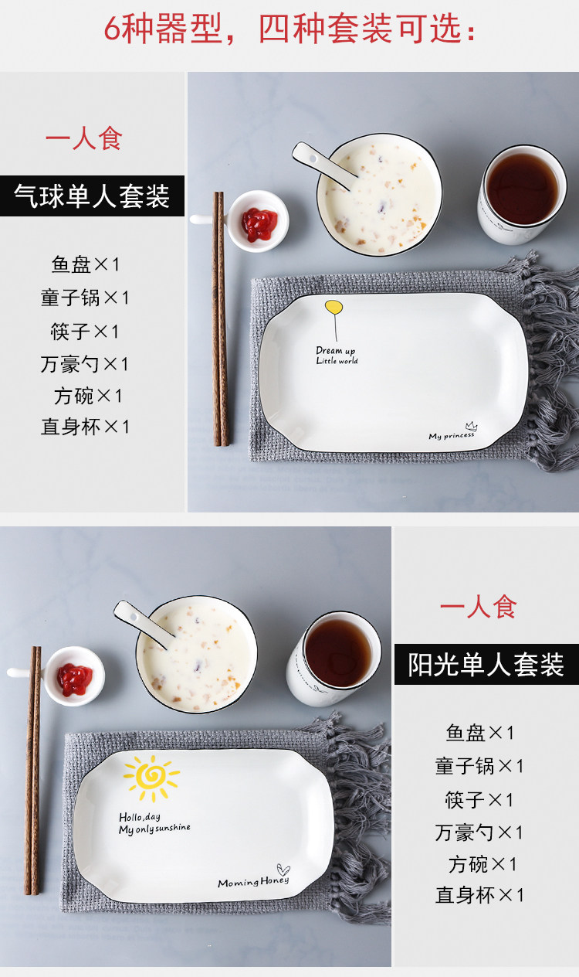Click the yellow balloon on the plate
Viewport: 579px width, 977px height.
pyautogui.click(x=334, y=307)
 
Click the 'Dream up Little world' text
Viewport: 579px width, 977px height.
pyautogui.click(x=337, y=355)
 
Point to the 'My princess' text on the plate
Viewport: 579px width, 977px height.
pyautogui.click(x=452, y=435)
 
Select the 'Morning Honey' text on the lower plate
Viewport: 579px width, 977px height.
pyautogui.click(x=253, y=882)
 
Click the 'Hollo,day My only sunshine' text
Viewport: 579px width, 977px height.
pyautogui.click(x=154, y=822)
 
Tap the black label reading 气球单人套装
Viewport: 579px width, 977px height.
pyautogui.click(x=92, y=196)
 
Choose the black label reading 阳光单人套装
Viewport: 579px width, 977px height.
pyautogui.click(x=486, y=664)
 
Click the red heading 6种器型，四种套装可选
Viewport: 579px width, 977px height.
pyautogui.click(x=289, y=29)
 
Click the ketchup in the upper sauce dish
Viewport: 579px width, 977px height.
pyautogui.click(x=259, y=225)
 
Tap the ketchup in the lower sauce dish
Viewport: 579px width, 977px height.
pyautogui.click(x=75, y=679)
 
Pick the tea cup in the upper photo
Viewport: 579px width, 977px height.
pyautogui.click(x=522, y=194)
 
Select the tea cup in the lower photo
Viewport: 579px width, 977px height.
pyautogui.click(x=334, y=659)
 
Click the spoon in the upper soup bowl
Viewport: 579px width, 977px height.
pyautogui.click(x=323, y=165)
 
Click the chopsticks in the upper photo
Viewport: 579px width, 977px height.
pyautogui.click(x=220, y=318)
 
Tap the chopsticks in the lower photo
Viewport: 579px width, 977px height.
pyautogui.click(x=33, y=771)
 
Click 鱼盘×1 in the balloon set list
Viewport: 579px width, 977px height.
pyautogui.click(x=85, y=264)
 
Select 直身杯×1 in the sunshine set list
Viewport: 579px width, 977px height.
pyautogui.click(x=479, y=895)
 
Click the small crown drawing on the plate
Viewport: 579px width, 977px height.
pyautogui.click(x=471, y=426)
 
